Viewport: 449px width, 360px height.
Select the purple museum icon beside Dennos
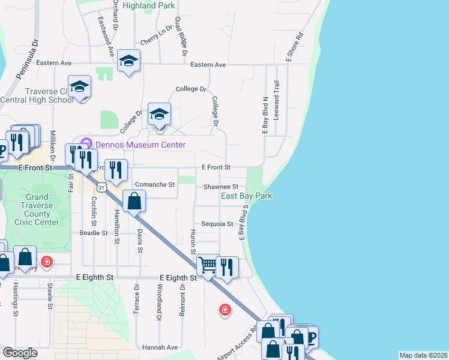click(86, 144)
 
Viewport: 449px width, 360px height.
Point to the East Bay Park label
click(246, 196)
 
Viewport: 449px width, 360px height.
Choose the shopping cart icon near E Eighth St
click(208, 264)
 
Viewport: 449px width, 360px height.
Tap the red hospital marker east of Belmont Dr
click(224, 310)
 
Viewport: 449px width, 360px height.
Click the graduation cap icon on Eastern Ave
click(128, 61)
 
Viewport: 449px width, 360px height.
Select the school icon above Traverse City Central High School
click(79, 88)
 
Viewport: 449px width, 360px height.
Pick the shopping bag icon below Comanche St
click(135, 201)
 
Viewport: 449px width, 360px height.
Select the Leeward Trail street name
click(277, 100)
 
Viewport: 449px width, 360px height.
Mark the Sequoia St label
click(217, 224)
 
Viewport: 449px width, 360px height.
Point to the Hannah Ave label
click(160, 347)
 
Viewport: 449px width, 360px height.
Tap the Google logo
click(20, 353)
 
